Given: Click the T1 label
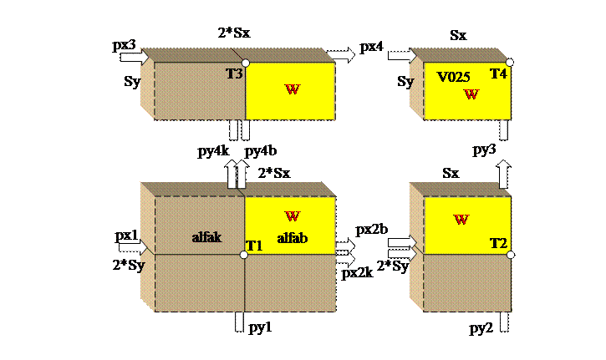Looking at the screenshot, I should pos(254,246).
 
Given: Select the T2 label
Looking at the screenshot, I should pos(498,243).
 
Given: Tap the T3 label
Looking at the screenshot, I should pos(234,74).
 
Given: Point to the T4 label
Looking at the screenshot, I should pos(498,74).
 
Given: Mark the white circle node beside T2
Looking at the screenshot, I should pos(509,252).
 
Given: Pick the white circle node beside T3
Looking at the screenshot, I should pos(245,63).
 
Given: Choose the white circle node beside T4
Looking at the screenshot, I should pos(509,63).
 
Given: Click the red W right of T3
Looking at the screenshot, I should pos(292,89).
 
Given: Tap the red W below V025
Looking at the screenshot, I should pos(471,94).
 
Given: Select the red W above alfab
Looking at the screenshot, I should pos(292,216).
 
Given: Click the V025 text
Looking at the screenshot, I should pos(454,77).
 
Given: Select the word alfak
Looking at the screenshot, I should pos(206,237).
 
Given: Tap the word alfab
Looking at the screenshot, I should pos(293,237).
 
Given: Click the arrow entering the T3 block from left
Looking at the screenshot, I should pos(135,57).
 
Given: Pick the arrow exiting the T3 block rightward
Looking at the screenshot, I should pos(341,55).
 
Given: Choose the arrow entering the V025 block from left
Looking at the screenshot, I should pos(402,55).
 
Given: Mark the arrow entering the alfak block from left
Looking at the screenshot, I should pos(133,247).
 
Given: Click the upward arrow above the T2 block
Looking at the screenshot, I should pos(503,175).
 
